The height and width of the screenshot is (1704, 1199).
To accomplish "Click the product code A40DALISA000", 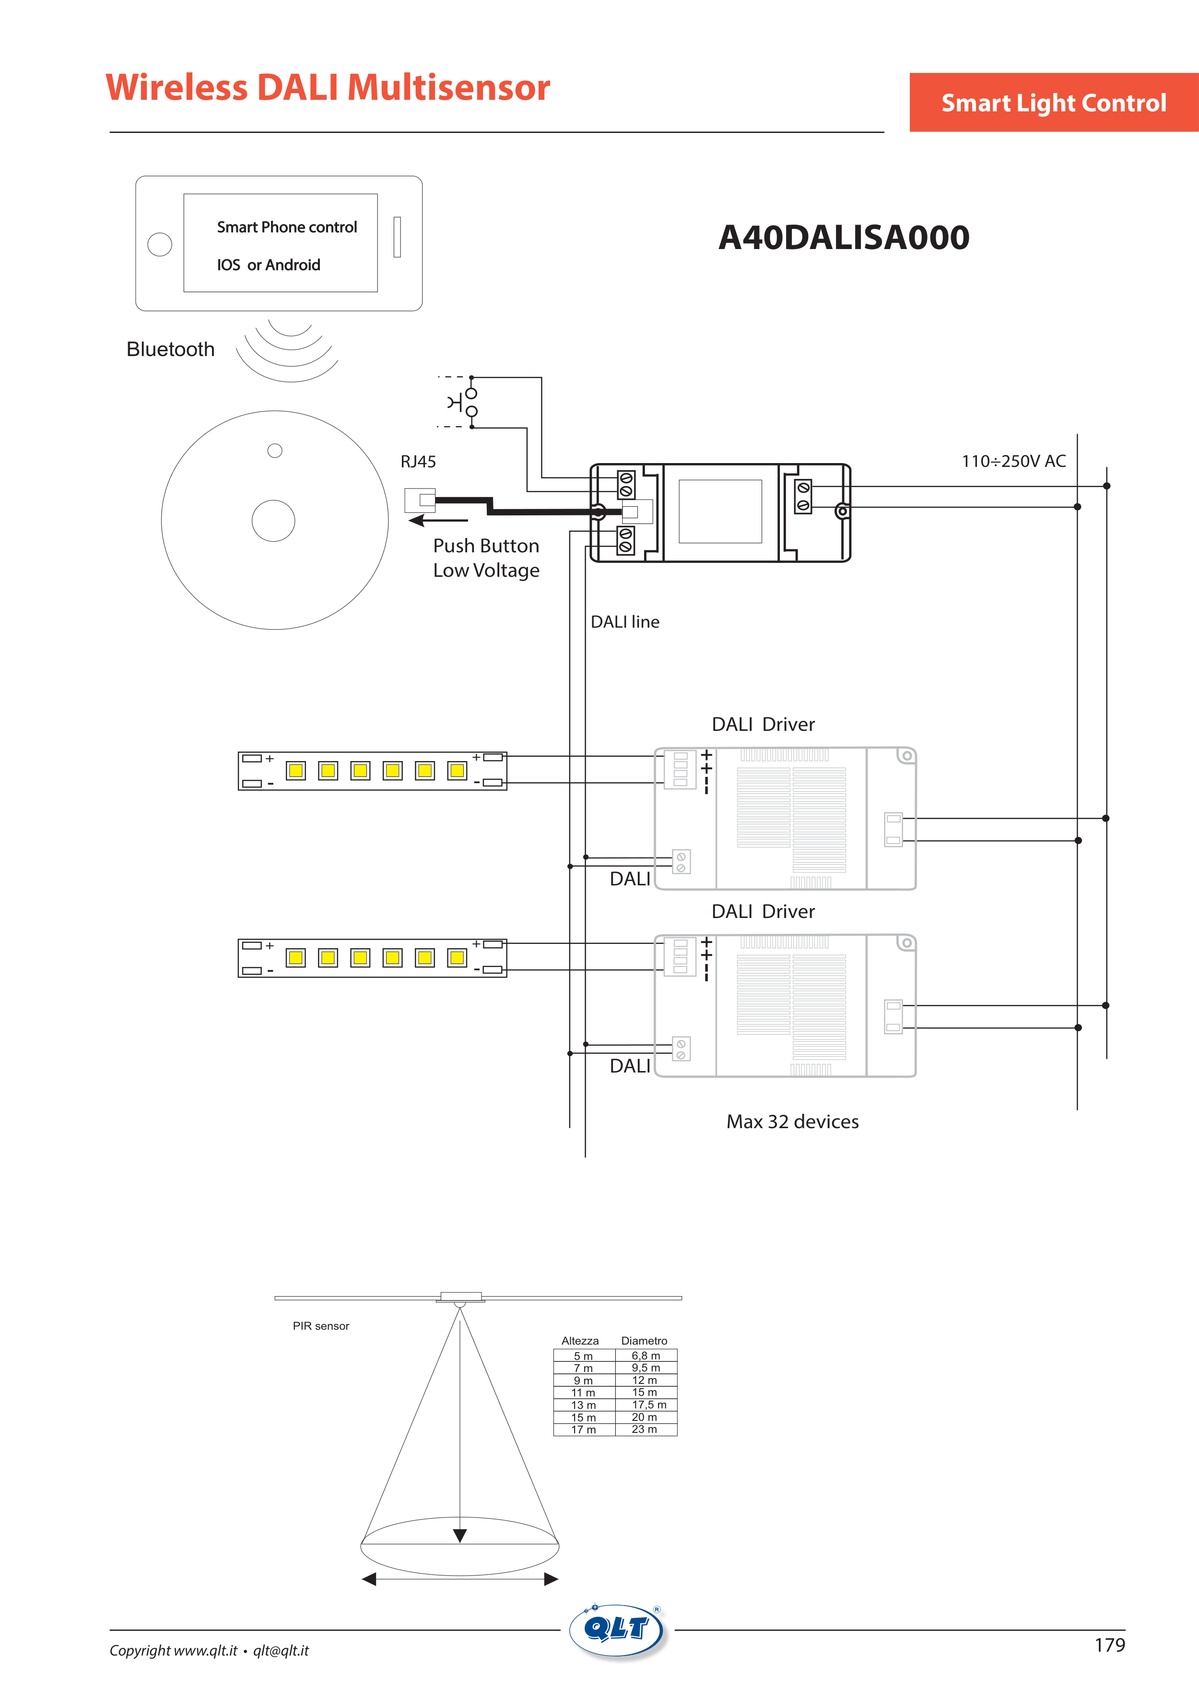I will point(844,238).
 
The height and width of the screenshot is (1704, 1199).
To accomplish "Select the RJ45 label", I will point(418,462).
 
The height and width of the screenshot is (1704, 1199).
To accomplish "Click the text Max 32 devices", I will point(792,1121).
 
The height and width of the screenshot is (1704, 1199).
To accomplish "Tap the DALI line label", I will point(625,622).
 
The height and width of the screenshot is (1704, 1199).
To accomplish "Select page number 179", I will point(1109,1645).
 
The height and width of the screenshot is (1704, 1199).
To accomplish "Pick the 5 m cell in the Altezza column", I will point(583,1356).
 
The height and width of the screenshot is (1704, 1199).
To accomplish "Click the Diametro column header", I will point(644,1340).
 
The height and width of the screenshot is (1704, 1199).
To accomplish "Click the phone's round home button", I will point(160,244).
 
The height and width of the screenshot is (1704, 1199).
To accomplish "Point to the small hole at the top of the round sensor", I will point(274,451).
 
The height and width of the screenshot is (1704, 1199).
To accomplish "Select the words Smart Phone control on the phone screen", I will point(286,227).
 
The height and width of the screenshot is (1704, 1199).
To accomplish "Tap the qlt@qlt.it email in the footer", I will point(281,1651).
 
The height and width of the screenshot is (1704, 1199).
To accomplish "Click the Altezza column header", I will point(579,1340).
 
